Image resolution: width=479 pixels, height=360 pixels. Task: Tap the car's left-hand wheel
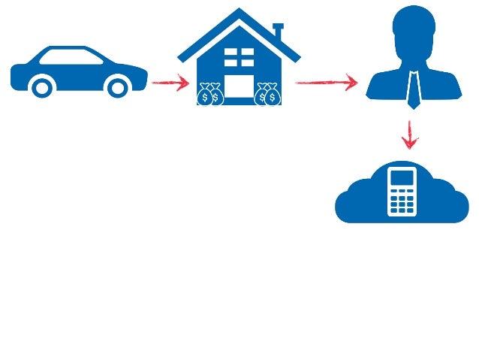pyautogui.click(x=43, y=87)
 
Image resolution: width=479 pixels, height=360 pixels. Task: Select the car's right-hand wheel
pyautogui.click(x=117, y=87)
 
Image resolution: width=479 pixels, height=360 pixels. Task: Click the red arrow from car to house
pyautogui.click(x=170, y=83)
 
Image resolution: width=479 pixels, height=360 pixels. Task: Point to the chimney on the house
pyautogui.click(x=279, y=33)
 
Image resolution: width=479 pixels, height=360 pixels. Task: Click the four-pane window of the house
pyautogui.click(x=239, y=57)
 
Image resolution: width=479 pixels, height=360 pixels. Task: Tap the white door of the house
pyautogui.click(x=239, y=87)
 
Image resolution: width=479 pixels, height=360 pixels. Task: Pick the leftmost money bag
pyautogui.click(x=204, y=95)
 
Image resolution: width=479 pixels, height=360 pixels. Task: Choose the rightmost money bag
pyautogui.click(x=273, y=95)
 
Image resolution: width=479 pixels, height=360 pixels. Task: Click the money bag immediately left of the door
pyautogui.click(x=216, y=95)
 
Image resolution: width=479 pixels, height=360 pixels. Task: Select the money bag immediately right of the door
pyautogui.click(x=262, y=95)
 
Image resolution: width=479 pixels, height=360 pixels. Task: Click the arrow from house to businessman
pyautogui.click(x=327, y=82)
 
